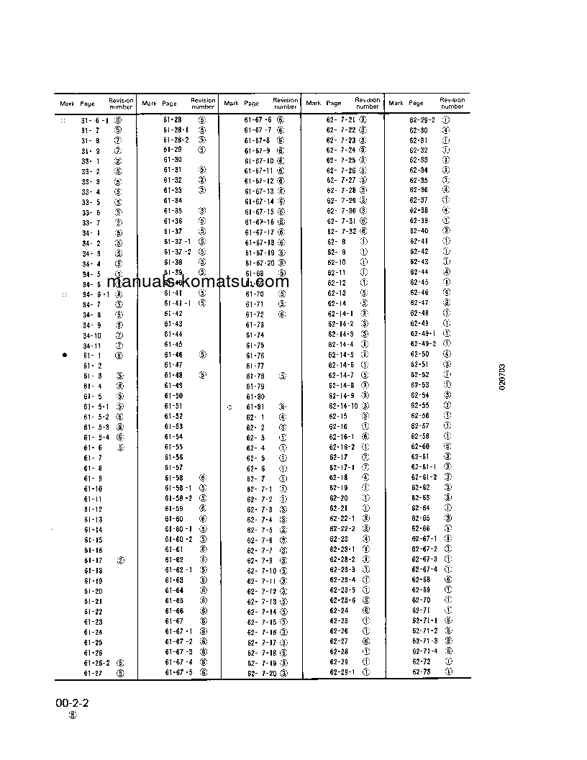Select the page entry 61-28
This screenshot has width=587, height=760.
[x=173, y=119]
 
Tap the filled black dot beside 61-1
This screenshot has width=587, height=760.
[x=65, y=355]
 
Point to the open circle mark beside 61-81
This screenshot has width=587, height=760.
[x=229, y=407]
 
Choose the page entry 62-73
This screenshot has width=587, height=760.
[x=421, y=671]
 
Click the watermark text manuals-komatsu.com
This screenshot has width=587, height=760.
[x=198, y=281]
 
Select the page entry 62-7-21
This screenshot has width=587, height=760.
[x=341, y=119]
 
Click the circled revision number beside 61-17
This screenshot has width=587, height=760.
[x=120, y=559]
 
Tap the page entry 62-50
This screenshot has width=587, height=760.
[x=419, y=355]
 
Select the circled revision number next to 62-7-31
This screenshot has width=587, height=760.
[x=363, y=222]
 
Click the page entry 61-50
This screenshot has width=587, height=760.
[x=173, y=396]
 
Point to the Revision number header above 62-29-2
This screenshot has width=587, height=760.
[x=452, y=103]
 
